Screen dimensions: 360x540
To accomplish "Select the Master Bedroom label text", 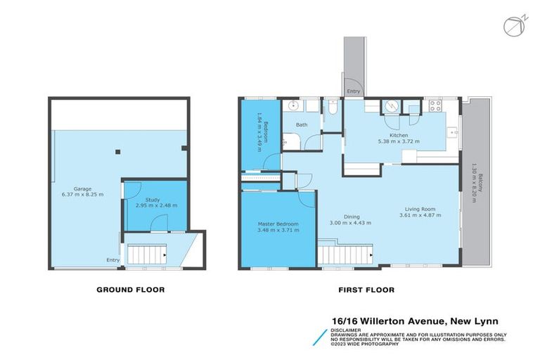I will coord(278,227).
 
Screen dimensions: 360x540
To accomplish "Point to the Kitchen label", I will coord(399,138).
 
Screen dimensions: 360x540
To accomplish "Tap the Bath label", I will coord(301,125).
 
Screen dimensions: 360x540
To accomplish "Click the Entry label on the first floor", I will coord(353,91).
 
